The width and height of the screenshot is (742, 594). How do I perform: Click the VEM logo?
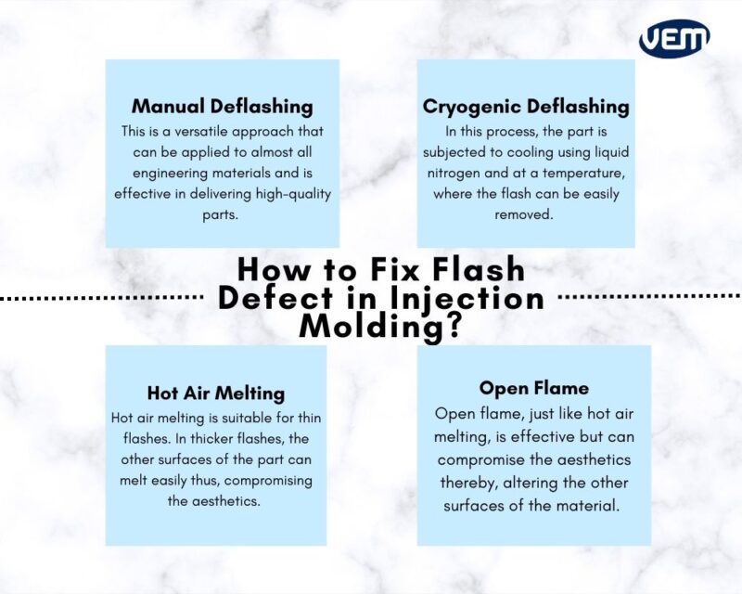point(674,38)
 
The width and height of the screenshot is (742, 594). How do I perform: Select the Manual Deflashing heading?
point(222,106)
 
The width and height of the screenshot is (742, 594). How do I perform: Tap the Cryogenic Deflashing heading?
point(526,107)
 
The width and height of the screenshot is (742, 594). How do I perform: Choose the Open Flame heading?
point(533,387)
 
